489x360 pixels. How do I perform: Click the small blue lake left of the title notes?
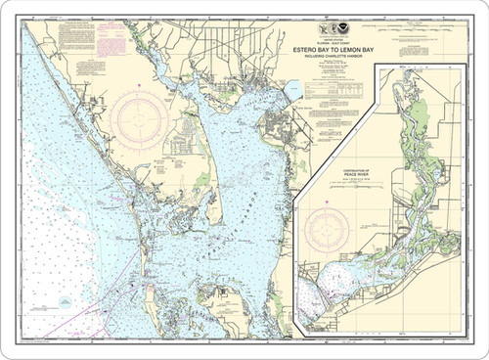click(x=292, y=91)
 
